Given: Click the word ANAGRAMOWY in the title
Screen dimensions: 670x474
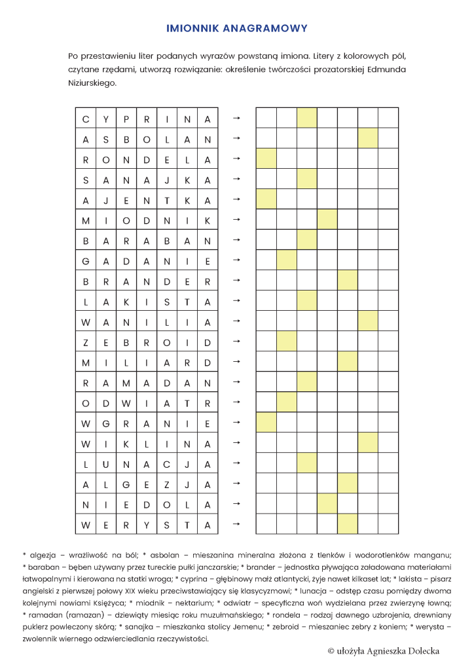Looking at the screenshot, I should coord(264,29).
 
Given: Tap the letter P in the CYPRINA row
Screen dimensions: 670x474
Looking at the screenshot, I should coord(126,119).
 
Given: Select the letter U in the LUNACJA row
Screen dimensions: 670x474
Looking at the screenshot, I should coord(106,463).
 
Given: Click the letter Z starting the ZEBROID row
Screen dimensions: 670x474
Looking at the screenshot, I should coord(86,342).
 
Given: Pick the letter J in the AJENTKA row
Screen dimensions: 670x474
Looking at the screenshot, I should coord(106,200).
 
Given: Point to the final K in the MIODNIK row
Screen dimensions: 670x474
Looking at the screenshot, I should coord(208,220).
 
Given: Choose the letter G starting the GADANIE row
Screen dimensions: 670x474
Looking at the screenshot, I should coord(86,261).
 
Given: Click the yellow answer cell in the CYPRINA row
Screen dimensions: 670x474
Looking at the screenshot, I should coord(306,118).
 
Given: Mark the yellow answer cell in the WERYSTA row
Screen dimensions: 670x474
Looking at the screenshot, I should coord(347,524).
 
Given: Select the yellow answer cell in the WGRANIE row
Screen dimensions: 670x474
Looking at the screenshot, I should coord(266,423).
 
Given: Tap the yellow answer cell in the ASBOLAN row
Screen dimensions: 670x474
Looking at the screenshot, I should coord(367,139).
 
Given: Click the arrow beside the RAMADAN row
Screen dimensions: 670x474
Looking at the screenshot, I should coord(237,382).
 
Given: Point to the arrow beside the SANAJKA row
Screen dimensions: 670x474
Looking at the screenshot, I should coord(237,179).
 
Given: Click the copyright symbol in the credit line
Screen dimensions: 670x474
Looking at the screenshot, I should coord(331,650).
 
